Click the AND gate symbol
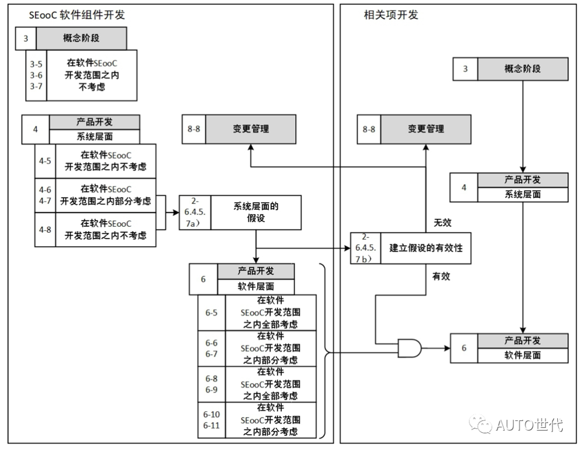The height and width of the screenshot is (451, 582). [x=409, y=348]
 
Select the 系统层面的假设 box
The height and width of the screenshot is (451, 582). [x=256, y=212]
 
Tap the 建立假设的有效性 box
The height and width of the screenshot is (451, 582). [x=426, y=248]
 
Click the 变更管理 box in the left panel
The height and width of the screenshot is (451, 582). [x=251, y=129]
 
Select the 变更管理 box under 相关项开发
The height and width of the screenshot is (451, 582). [x=426, y=129]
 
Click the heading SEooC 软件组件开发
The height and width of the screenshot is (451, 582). [x=77, y=15]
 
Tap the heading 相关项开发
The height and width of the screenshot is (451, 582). [x=391, y=15]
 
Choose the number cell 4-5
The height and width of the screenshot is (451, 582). [x=45, y=161]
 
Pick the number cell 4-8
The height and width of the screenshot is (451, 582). [x=45, y=230]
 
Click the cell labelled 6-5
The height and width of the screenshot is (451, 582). [x=211, y=312]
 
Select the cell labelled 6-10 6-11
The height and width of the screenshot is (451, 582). [x=211, y=420]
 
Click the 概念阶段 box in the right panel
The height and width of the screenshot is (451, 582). [x=522, y=69]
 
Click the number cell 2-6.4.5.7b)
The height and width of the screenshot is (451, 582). [x=365, y=248]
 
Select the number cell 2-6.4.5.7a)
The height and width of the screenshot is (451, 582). [x=195, y=212]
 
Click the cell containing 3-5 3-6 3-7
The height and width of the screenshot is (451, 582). [x=36, y=75]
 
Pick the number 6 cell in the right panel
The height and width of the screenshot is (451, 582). [x=464, y=348]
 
